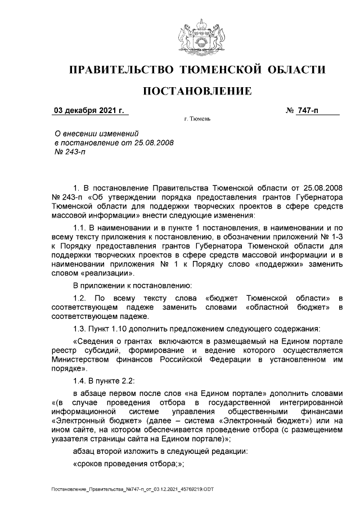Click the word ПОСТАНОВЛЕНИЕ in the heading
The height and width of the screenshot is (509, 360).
point(196,91)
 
